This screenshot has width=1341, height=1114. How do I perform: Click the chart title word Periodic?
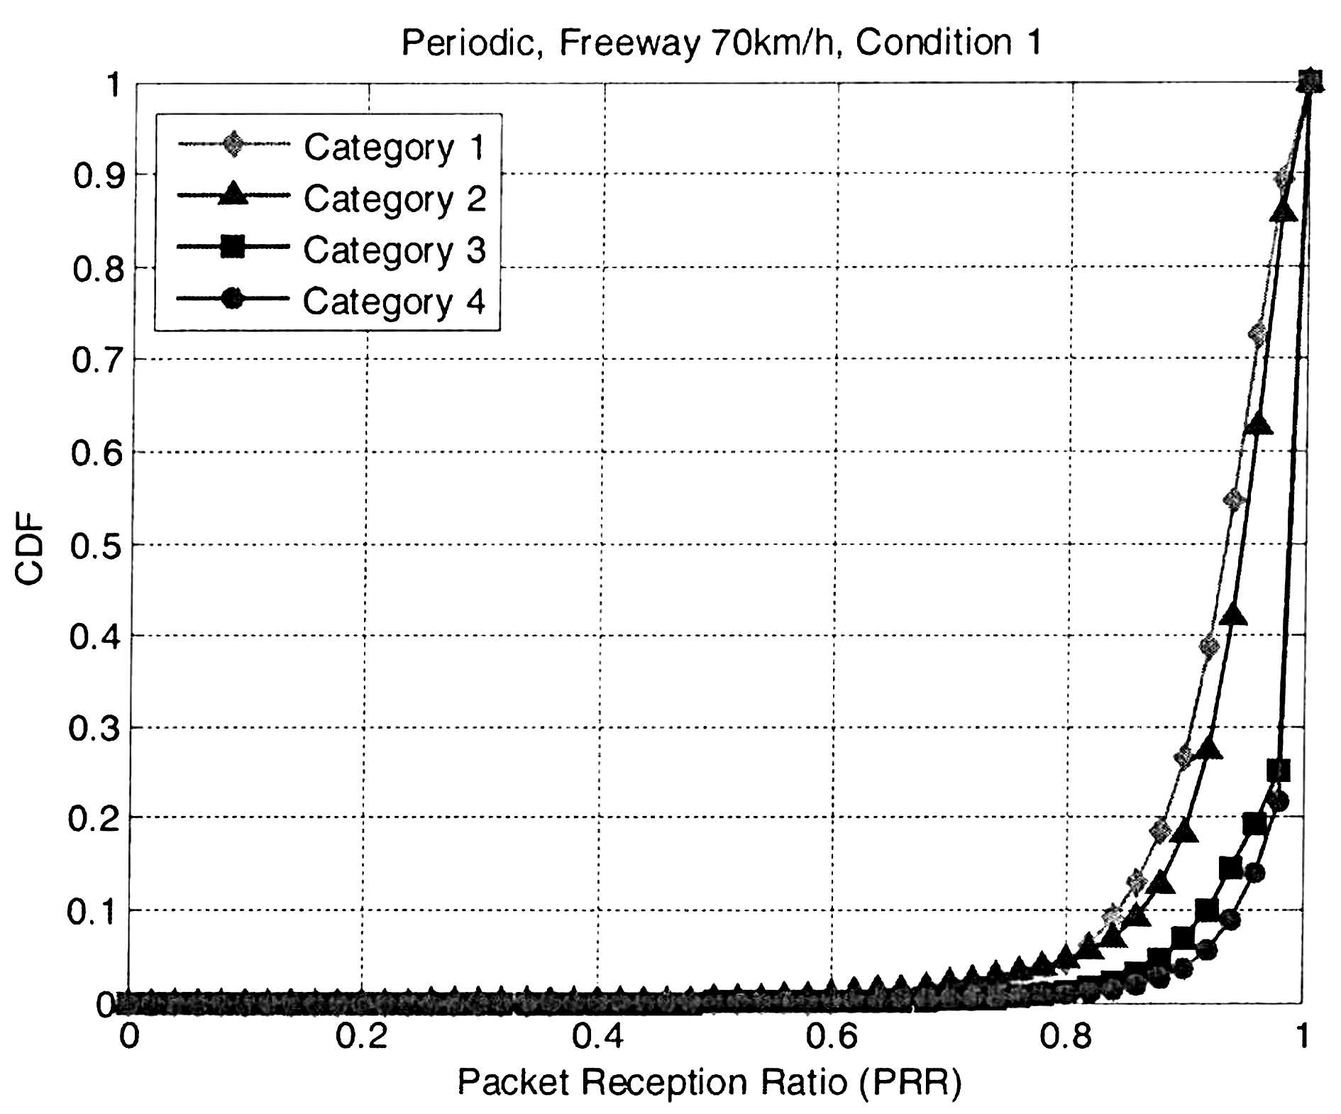tap(467, 43)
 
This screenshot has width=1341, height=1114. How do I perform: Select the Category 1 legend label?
tap(394, 148)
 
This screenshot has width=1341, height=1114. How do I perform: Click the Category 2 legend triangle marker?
tap(233, 194)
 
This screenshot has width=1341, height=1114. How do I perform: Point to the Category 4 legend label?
tap(394, 302)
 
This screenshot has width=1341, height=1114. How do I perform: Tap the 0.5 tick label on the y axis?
tap(96, 547)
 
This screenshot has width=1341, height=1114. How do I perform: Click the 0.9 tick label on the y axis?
tap(99, 175)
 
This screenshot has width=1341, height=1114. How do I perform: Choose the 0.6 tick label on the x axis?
tap(831, 1037)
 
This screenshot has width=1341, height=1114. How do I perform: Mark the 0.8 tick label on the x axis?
tap(1065, 1037)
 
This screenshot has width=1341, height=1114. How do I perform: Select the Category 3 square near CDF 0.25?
tap(1278, 770)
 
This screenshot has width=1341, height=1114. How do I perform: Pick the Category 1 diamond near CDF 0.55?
tap(1234, 500)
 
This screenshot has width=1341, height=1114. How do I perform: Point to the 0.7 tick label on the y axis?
tap(98, 360)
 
